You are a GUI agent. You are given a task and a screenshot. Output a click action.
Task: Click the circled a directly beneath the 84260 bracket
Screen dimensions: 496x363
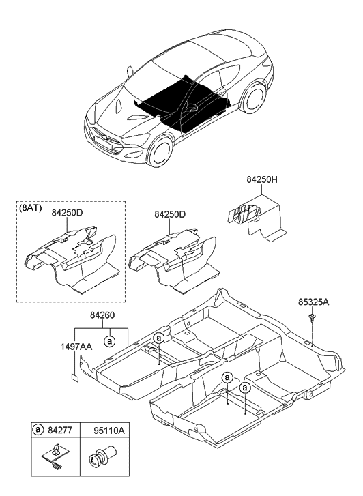[x=108, y=339]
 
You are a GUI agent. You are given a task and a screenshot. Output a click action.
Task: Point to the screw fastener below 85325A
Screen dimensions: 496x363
[x=311, y=317]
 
